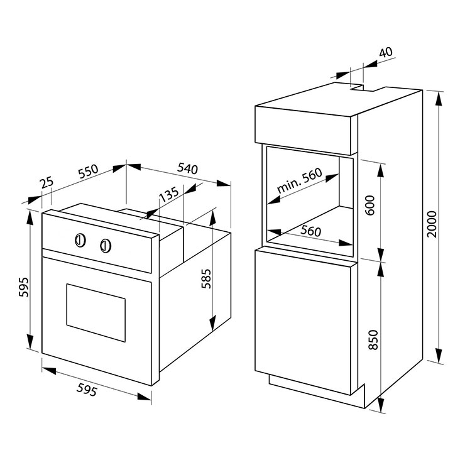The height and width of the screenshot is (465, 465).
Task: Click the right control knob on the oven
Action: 106,246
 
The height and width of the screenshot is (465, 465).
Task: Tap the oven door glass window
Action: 96,312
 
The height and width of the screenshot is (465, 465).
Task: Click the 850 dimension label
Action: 375,340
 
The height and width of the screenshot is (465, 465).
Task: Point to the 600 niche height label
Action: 370,205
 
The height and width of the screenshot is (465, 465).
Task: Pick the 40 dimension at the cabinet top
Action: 386,52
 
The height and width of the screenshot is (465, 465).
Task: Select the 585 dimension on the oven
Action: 206,279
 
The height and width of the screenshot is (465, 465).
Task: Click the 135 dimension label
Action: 169,195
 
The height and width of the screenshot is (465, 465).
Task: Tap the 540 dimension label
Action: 187,168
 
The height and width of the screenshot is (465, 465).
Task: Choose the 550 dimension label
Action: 88,171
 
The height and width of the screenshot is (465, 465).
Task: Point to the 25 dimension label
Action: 47,182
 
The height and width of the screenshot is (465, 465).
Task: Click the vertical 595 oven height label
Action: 23,287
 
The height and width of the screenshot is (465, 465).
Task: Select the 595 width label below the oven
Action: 87,390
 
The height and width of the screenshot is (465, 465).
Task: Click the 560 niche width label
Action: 311,231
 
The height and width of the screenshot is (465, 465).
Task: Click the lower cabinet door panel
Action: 303,322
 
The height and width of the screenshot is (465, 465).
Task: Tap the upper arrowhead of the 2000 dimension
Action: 439,98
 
